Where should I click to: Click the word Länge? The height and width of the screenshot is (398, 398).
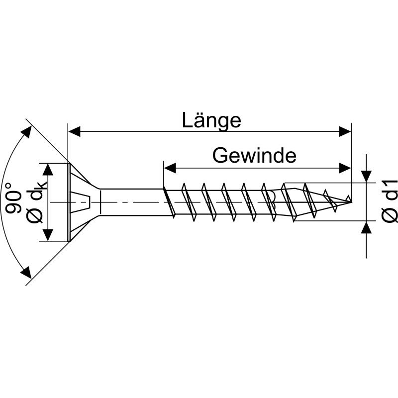click(211, 121)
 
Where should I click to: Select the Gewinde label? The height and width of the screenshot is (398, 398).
click(254, 156)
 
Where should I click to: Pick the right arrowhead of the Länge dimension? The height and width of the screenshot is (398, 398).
click(345, 131)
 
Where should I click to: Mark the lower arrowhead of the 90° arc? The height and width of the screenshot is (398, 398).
click(26, 273)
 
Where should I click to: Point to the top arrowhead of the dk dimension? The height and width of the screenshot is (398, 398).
click(48, 169)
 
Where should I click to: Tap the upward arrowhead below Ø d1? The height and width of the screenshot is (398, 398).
click(367, 227)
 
